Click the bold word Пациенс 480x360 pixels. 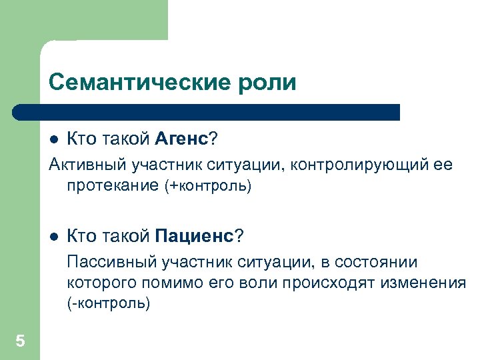pyautogui.click(x=195, y=236)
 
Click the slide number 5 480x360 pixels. pyautogui.click(x=20, y=342)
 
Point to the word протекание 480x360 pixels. pyautogui.click(x=113, y=186)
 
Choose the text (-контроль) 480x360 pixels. pyautogui.click(x=109, y=304)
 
